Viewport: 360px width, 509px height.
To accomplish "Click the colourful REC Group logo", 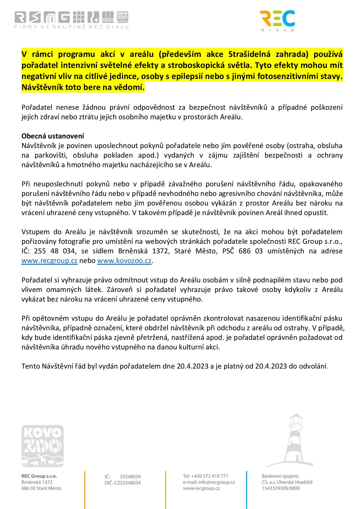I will (x=278, y=21).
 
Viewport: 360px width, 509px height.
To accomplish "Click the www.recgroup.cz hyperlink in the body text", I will (x=49, y=261).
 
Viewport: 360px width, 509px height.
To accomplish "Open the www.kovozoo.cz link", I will (x=124, y=261).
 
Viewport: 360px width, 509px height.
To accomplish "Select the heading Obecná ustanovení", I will (x=53, y=136).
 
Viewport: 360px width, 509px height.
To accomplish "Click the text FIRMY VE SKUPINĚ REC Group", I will (x=71, y=27).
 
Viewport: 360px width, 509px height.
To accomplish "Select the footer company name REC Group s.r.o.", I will (x=39, y=476).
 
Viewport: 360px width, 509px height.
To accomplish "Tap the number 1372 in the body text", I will (x=161, y=251).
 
